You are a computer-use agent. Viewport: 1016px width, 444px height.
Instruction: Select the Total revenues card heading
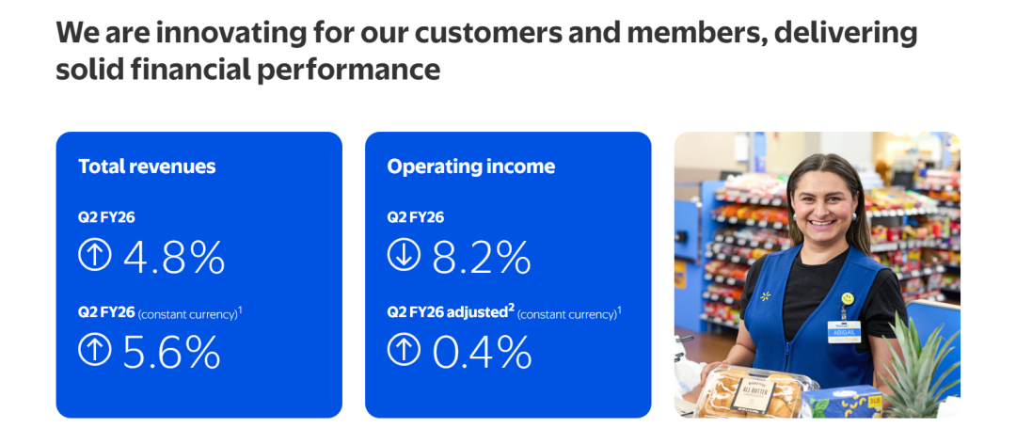click(147, 166)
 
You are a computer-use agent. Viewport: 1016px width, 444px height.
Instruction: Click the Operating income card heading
click(471, 166)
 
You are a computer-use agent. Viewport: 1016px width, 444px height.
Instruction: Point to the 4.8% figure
click(174, 258)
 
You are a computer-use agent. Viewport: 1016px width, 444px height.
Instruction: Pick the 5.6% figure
click(172, 352)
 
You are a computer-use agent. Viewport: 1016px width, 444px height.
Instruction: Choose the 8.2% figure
click(482, 258)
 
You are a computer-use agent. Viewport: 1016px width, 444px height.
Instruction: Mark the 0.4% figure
click(482, 352)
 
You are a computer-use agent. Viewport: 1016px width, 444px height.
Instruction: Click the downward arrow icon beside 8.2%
click(404, 255)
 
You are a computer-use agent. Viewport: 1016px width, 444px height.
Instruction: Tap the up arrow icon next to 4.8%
click(95, 255)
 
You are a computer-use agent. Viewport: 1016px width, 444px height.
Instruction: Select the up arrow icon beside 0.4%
click(404, 349)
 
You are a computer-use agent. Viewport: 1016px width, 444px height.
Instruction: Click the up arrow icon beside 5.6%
click(95, 349)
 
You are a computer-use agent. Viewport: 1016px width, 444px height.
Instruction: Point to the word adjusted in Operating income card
click(478, 313)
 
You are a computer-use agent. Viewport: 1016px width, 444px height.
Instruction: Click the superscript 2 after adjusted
click(511, 308)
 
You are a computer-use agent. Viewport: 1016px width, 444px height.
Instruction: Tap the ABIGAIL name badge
click(844, 332)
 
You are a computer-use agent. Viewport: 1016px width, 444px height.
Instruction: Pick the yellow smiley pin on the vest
click(848, 298)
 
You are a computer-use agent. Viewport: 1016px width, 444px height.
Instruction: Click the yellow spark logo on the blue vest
click(765, 297)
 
